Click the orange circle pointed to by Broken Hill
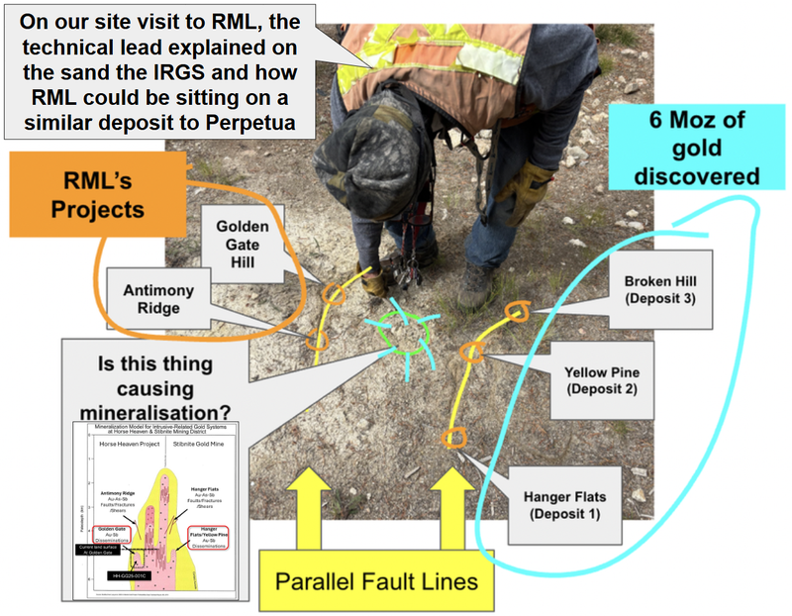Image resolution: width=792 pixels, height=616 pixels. pos(515,312)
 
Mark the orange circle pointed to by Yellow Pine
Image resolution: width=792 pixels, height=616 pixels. pos(471,353)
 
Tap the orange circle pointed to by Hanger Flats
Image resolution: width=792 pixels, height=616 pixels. pos(454,438)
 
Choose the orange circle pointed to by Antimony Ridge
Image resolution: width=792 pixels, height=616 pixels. pos(317,340)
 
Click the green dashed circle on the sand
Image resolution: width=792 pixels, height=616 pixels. pos(403,335)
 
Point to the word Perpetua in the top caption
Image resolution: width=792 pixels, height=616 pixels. pos(255,126)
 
